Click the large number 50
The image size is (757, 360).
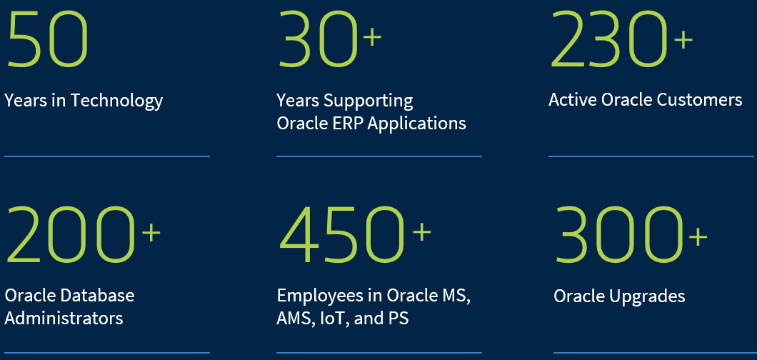pos(47,39)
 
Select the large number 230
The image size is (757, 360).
pos(608,39)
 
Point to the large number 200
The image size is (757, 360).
pos(69,234)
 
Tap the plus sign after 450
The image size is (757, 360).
pos(421,231)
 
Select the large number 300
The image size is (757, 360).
pos(618,235)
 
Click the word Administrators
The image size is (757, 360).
pos(64,318)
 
